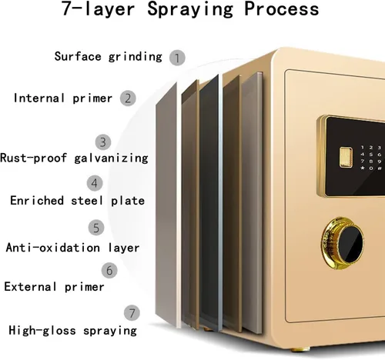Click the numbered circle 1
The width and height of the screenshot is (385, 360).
pyautogui.click(x=177, y=58)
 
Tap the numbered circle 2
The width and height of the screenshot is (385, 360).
pyautogui.click(x=128, y=98)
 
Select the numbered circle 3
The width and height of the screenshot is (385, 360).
pyautogui.click(x=103, y=142)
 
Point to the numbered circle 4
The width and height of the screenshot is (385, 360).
pyautogui.click(x=95, y=183)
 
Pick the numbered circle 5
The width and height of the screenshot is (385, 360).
pyautogui.click(x=96, y=228)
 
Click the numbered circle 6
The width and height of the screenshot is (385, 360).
pyautogui.click(x=109, y=270)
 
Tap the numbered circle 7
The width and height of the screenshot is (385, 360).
pyautogui.click(x=132, y=313)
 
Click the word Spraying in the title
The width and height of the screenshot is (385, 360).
pyautogui.click(x=190, y=10)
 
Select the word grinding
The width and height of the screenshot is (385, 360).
pyautogui.click(x=136, y=57)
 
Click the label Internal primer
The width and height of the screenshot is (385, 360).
pyautogui.click(x=63, y=98)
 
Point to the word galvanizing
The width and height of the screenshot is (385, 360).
pyautogui.click(x=111, y=158)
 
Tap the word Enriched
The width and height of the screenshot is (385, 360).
pyautogui.click(x=37, y=200)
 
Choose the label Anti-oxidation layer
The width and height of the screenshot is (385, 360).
pyautogui.click(x=72, y=248)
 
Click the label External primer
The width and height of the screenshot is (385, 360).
pyautogui.click(x=54, y=287)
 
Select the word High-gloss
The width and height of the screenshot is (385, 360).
pyautogui.click(x=42, y=330)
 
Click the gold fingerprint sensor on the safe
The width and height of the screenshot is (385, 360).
pyautogui.click(x=346, y=157)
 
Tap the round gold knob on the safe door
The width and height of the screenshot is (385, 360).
pyautogui.click(x=342, y=244)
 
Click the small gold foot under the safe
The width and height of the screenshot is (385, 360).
pyautogui.click(x=300, y=349)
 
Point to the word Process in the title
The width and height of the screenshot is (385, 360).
pyautogui.click(x=282, y=8)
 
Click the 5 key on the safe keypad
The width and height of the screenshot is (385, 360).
pyautogui.click(x=371, y=155)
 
